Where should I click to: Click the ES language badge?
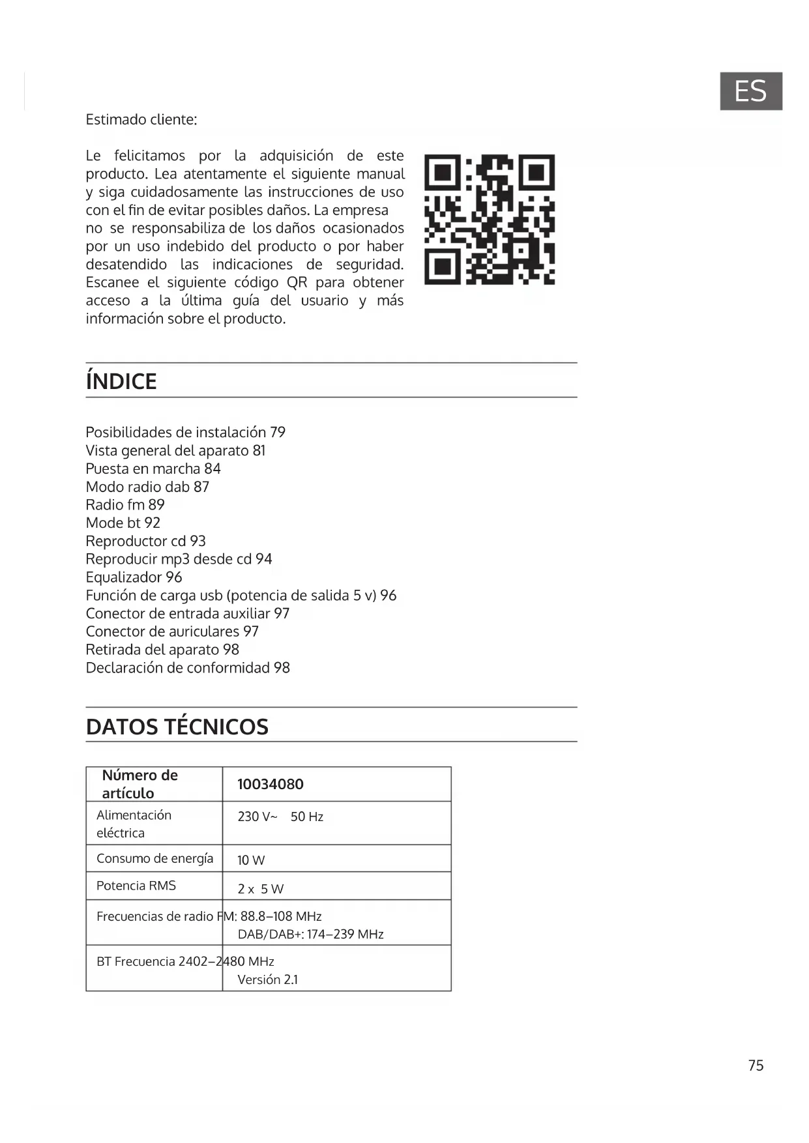point(750,91)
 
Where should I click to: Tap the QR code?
point(489,220)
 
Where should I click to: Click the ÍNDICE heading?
point(121,381)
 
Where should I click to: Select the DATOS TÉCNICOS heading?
point(177,727)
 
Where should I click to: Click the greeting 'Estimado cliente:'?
point(141,119)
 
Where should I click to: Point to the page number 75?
point(756,1065)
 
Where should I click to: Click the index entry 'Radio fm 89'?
point(125,505)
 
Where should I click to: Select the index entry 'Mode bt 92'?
point(123,523)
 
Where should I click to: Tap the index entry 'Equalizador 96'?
point(134,577)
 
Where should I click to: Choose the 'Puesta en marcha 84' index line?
point(153,469)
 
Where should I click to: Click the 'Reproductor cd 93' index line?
point(145,541)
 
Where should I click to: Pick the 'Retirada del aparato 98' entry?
point(162,650)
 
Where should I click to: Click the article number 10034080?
point(271,784)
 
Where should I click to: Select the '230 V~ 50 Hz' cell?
point(280,817)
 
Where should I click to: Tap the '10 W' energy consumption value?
point(251,860)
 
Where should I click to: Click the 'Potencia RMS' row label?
point(136,886)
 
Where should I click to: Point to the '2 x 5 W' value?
point(260,889)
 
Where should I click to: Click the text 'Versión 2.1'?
point(267,979)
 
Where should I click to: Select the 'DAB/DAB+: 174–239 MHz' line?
point(310,934)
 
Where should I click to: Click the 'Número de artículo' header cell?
point(140,784)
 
